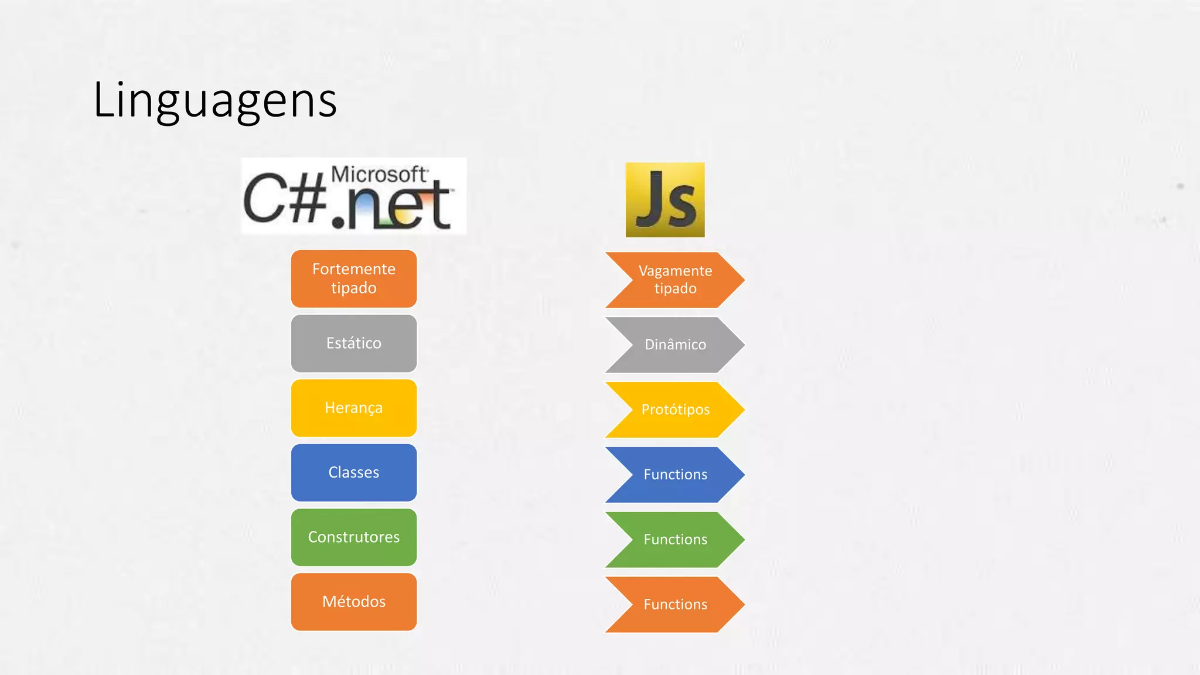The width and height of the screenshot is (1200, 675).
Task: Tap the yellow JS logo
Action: coord(665,200)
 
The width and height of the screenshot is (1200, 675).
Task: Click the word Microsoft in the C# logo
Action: coord(379,174)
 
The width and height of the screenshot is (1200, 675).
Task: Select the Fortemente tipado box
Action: coord(354,279)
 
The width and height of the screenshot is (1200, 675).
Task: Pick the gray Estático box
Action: coord(354,343)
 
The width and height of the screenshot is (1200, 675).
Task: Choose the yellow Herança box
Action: coord(354,408)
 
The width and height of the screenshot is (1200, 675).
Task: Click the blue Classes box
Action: coord(354,473)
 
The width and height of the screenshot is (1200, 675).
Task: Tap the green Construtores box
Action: coord(354,537)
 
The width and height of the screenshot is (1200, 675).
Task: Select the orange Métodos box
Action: coord(354,602)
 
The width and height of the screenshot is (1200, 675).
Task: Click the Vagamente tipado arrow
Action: coord(675,280)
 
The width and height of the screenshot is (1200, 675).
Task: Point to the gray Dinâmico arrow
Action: coord(675,345)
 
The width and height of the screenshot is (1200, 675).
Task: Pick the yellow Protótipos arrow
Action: coord(675,410)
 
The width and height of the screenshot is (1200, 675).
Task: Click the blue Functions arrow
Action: coord(675,475)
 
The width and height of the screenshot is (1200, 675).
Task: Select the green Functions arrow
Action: coord(675,540)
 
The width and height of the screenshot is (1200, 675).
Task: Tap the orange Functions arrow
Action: coord(675,605)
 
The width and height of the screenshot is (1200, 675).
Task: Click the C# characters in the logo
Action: coord(285,199)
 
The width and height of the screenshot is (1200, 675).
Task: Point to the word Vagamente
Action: coord(675,271)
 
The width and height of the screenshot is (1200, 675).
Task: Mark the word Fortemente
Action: coord(354,269)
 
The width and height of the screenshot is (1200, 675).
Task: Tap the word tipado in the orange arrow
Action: coord(675,289)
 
